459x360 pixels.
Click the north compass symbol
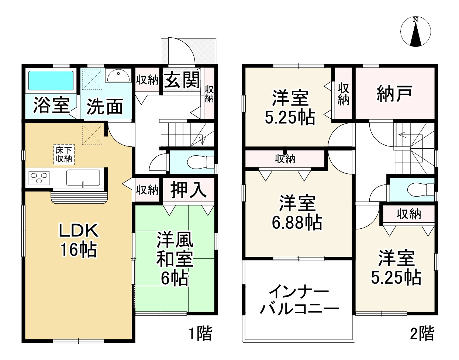tap(416, 32)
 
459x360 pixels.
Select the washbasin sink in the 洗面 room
tap(117, 76)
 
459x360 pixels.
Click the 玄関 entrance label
tap(182, 79)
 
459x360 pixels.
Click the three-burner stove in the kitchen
tap(38, 179)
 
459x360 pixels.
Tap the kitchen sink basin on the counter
tap(83, 179)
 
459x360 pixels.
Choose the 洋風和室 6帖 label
tap(175, 259)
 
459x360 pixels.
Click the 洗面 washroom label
tap(105, 107)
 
